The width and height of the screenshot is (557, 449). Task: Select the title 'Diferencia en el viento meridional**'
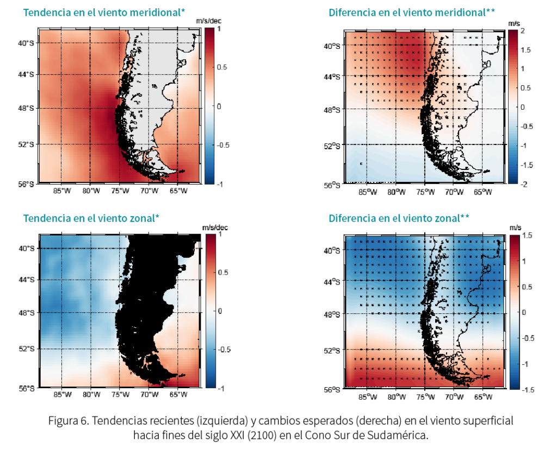coord(411,12)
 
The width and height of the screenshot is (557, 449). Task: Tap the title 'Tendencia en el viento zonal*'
coord(91,218)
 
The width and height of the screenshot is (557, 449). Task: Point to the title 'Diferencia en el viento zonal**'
coord(399,218)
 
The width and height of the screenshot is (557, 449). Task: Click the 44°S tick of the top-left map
coord(25,74)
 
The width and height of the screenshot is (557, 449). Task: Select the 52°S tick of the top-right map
coord(332,146)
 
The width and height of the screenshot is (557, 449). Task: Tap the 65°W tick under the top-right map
coord(481,192)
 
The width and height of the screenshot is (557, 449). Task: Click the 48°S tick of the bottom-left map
coord(25,313)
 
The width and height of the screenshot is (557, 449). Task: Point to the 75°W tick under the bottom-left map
coord(120,395)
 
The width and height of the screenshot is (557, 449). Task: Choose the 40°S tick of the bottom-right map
coord(332,251)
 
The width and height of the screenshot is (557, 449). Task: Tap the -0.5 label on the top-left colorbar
coord(224,145)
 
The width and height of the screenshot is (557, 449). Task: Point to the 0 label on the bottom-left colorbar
coord(219,311)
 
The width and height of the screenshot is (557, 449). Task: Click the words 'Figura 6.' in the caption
coord(67,421)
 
